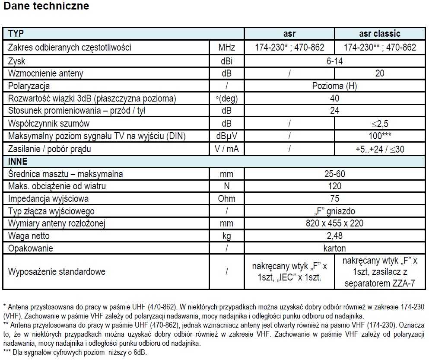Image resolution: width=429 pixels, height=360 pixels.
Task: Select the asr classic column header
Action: [380, 34]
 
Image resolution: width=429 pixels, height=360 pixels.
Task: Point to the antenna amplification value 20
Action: [380, 73]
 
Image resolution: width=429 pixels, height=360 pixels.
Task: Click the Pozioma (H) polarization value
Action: [334, 86]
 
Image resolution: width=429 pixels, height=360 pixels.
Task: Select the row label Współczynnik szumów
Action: [49, 124]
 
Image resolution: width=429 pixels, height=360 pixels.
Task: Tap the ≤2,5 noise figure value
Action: [380, 124]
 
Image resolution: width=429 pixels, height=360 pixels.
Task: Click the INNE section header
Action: [18, 162]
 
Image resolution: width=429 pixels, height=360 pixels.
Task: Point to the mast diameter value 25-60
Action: [334, 174]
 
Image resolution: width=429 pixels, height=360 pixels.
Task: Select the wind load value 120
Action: [334, 187]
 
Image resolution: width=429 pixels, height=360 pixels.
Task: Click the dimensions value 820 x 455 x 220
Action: [334, 223]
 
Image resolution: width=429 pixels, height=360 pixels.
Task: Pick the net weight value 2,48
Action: [334, 236]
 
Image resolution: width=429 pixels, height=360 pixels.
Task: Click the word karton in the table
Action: [334, 248]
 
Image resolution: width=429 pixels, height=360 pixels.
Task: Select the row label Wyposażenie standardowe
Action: [57, 272]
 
